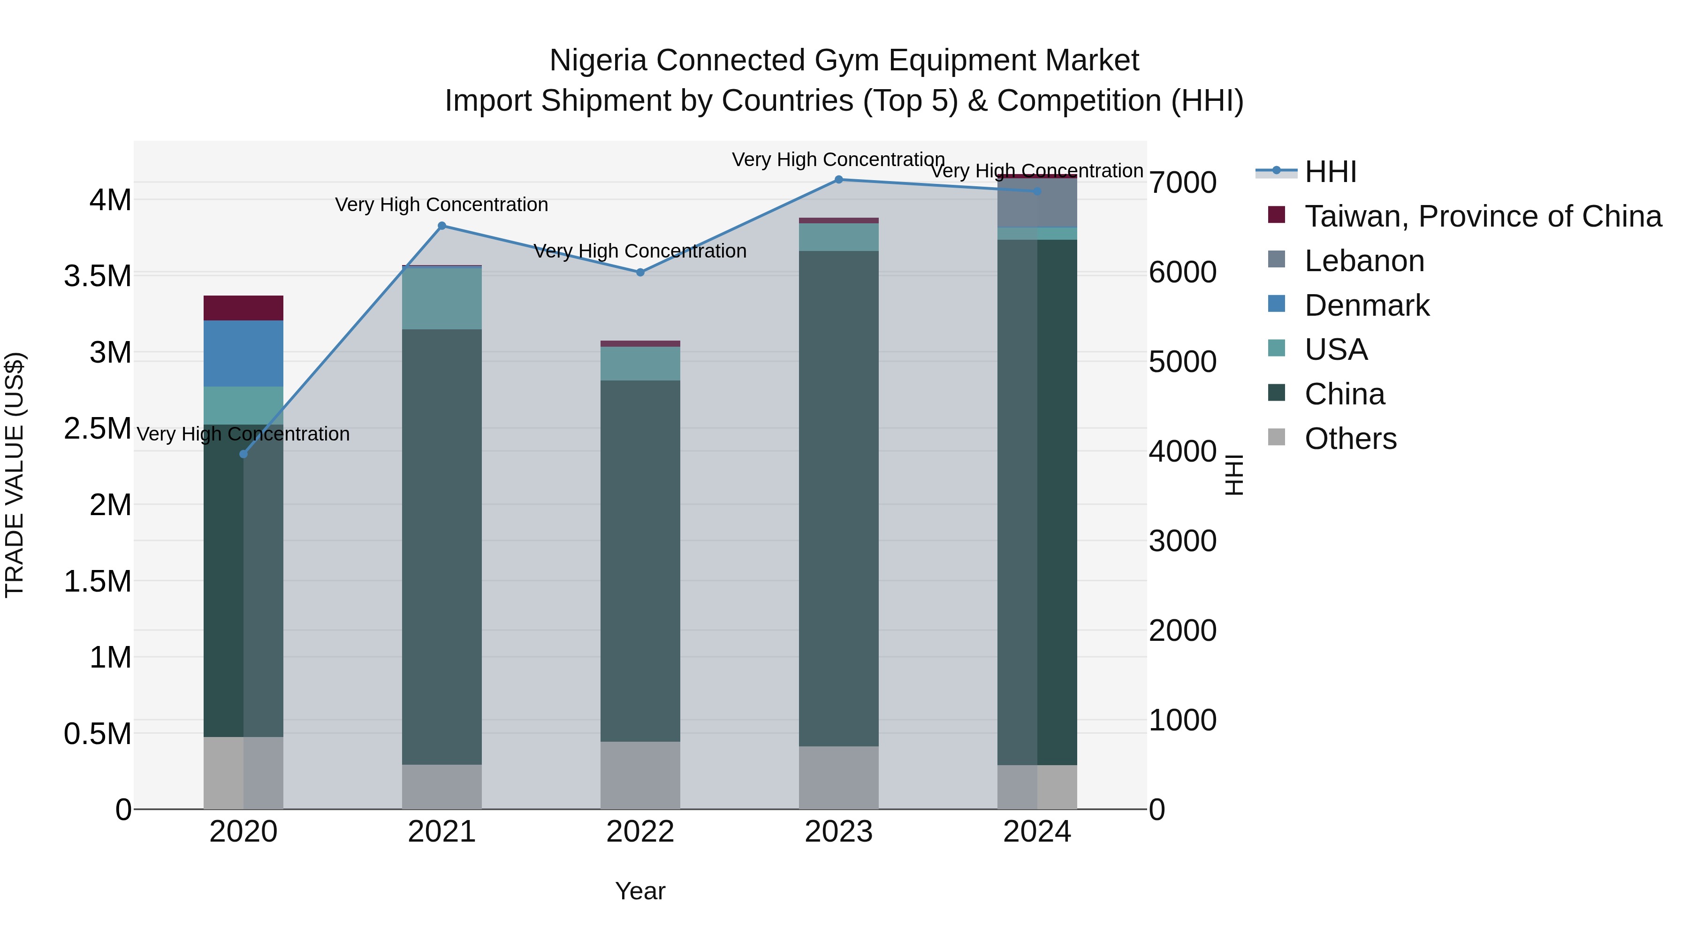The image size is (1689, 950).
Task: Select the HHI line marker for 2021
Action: tap(442, 226)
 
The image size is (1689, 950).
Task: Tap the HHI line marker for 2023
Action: tap(838, 179)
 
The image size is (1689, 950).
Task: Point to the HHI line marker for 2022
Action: tap(640, 272)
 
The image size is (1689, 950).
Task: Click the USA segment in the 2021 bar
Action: tap(442, 298)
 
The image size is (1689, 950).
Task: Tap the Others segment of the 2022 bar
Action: tap(640, 775)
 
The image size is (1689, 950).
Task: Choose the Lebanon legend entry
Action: tap(1364, 261)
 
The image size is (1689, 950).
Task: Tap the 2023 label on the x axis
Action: tap(838, 832)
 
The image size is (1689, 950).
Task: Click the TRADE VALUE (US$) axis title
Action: tap(15, 475)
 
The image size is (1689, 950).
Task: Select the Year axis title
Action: tap(640, 891)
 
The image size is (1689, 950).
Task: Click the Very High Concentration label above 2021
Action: tap(441, 205)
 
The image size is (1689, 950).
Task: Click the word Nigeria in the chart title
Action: tap(598, 61)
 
